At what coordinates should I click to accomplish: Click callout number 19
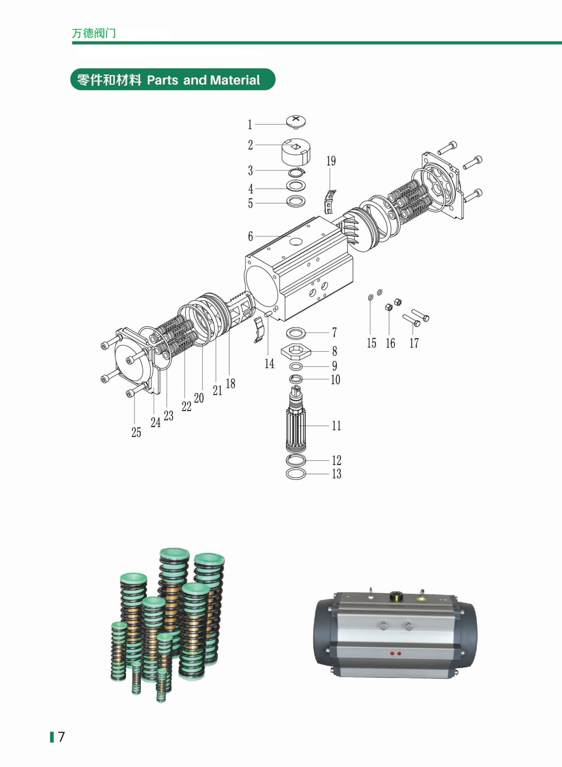click(x=331, y=161)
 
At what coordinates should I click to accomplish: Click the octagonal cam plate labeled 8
click(x=296, y=351)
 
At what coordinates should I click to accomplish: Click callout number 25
click(x=136, y=432)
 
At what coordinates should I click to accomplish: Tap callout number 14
click(x=269, y=364)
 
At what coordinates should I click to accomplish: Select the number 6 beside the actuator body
click(x=250, y=236)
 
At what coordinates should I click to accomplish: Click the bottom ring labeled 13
click(x=296, y=473)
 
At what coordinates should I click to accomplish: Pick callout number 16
click(x=390, y=343)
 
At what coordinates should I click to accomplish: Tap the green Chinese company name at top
click(x=94, y=33)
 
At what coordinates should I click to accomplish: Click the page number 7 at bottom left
click(x=61, y=737)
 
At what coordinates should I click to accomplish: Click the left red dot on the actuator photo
click(x=392, y=653)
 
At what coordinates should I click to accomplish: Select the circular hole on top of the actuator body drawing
click(x=296, y=241)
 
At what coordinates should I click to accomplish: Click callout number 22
click(x=186, y=406)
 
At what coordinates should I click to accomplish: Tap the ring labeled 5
click(x=296, y=201)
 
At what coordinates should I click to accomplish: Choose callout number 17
click(x=414, y=343)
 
